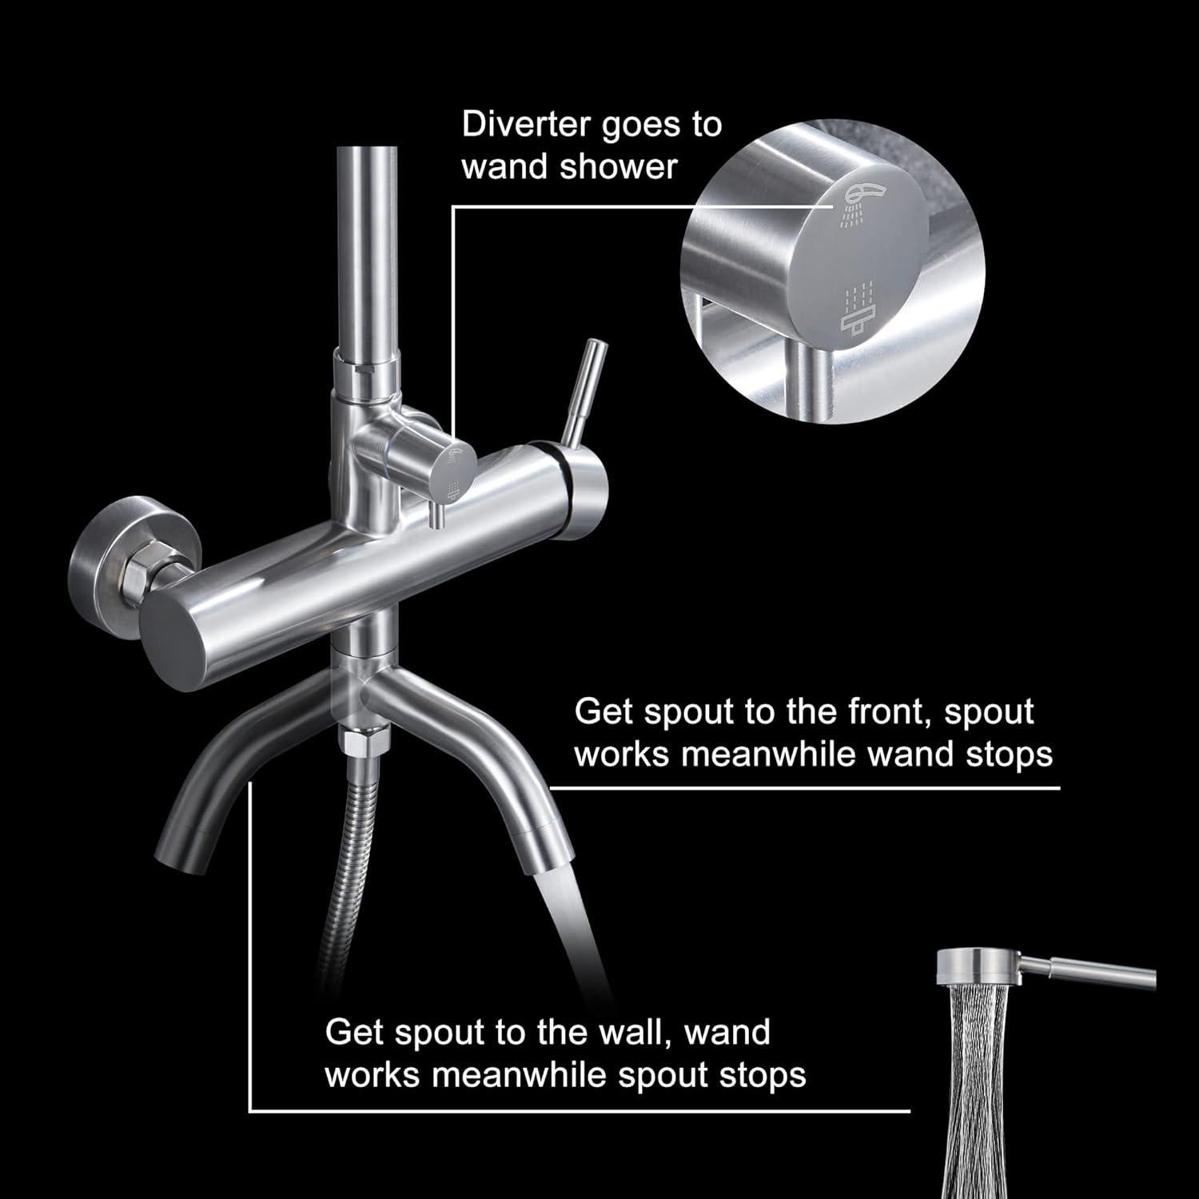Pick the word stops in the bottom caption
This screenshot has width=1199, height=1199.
tap(763, 1074)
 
